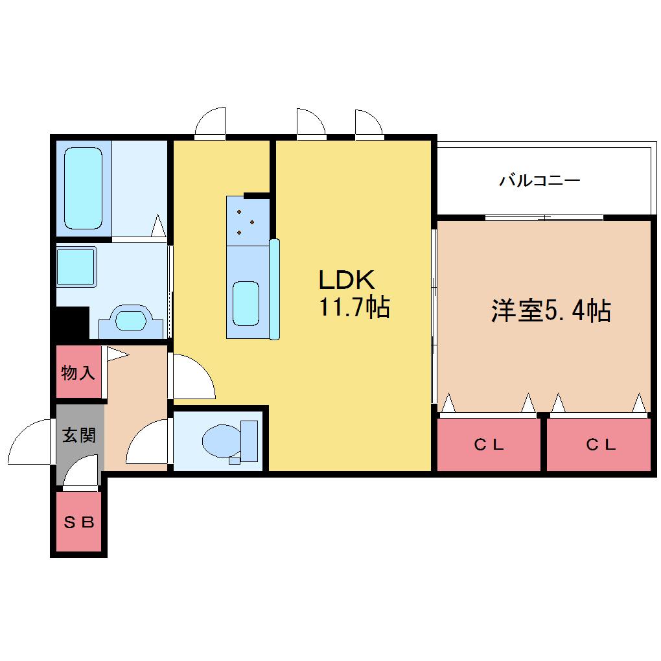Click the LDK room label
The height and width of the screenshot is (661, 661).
[x=347, y=279]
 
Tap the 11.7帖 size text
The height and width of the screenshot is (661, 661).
[x=354, y=307]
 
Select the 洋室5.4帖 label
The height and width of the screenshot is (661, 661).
[x=551, y=310]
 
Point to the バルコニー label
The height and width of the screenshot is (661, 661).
[x=540, y=181]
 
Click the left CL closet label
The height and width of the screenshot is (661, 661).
[x=489, y=445]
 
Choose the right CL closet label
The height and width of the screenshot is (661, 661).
[x=601, y=445]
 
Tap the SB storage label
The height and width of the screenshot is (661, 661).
[x=79, y=522]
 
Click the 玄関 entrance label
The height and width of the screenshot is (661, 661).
[x=79, y=435]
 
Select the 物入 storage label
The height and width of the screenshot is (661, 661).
[x=78, y=373]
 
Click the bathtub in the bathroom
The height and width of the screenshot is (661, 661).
[x=84, y=188]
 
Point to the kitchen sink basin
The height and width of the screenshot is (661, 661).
[x=246, y=303]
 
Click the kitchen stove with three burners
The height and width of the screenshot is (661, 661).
[x=248, y=222]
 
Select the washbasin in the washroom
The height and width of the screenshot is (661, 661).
[x=131, y=321]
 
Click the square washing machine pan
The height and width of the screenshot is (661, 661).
[x=76, y=267]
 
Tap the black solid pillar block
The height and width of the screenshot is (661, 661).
[x=72, y=323]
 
